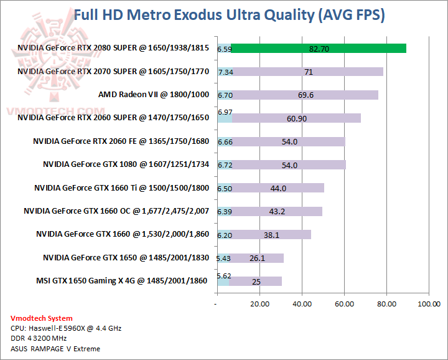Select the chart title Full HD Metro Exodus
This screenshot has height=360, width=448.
coord(230,15)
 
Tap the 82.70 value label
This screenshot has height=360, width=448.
coord(319,49)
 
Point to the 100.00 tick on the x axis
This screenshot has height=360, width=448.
coord(428,304)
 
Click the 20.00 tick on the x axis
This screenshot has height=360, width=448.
coord(259,304)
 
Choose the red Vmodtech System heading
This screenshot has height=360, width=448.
coord(41,318)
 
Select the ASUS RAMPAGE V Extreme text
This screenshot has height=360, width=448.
coord(55,348)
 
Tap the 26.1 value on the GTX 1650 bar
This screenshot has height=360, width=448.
coord(257,258)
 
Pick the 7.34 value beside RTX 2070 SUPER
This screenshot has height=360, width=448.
coord(225,72)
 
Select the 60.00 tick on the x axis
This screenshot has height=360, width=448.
coord(344,304)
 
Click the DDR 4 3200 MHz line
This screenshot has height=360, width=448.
coord(40,338)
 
